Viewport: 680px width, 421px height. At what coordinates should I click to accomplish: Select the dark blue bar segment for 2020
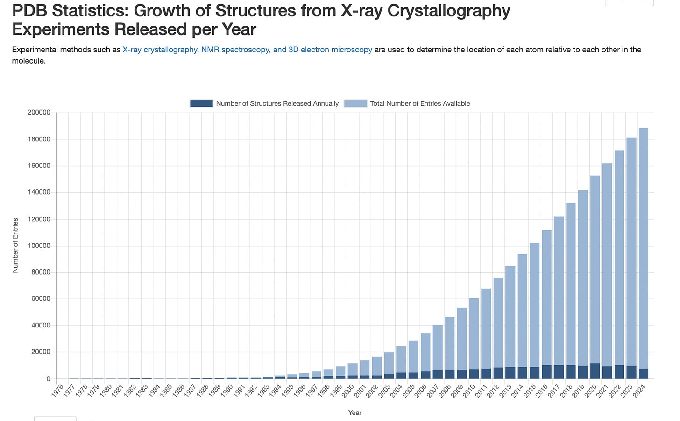pyautogui.click(x=595, y=371)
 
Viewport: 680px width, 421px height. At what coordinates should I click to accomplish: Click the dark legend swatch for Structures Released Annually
pyautogui.click(x=201, y=103)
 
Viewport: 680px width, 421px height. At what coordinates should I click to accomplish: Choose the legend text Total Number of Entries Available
pyautogui.click(x=420, y=103)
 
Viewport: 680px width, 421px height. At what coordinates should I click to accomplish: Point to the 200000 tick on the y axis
pyautogui.click(x=39, y=112)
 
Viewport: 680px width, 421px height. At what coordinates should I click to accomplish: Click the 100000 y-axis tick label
pyautogui.click(x=39, y=246)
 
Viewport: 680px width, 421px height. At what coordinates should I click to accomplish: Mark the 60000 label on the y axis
pyautogui.click(x=41, y=298)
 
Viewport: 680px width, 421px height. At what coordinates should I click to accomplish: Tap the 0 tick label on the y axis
pyautogui.click(x=48, y=379)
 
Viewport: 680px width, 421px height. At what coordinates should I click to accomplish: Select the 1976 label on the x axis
pyautogui.click(x=57, y=390)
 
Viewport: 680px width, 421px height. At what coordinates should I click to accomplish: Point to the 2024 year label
pyautogui.click(x=639, y=390)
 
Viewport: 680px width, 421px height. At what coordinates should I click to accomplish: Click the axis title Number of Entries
pyautogui.click(x=15, y=245)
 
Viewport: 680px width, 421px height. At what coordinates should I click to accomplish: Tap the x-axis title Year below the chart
pyautogui.click(x=354, y=413)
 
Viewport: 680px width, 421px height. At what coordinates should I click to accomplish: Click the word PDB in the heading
pyautogui.click(x=29, y=10)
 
